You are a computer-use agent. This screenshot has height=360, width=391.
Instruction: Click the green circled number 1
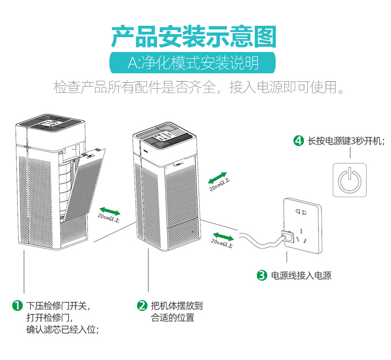tap(17, 306)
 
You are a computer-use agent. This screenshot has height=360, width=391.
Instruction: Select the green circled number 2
tap(142, 306)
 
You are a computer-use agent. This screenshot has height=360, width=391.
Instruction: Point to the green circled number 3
tap(262, 275)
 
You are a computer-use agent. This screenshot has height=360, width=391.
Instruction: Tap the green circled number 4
tap(298, 141)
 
